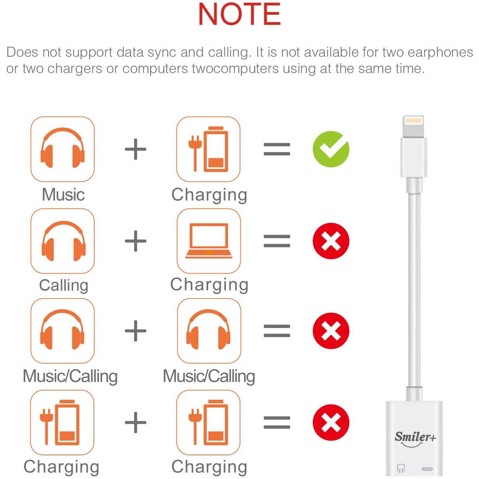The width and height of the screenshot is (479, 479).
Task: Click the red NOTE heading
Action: click(x=239, y=14)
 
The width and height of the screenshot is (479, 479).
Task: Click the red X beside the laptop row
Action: click(x=331, y=241)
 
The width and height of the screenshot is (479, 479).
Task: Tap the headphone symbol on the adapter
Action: click(x=401, y=468)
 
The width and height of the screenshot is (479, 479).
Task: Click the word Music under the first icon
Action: click(x=63, y=194)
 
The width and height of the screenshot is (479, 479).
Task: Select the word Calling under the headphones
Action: click(x=64, y=285)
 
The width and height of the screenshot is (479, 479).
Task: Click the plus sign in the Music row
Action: click(x=135, y=149)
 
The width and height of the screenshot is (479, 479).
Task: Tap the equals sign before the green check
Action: click(x=277, y=149)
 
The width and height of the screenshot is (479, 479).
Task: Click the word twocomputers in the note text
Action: click(x=235, y=68)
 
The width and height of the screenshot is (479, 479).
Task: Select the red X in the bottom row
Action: click(x=331, y=423)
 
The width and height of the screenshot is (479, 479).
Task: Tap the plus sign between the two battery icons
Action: click(x=135, y=423)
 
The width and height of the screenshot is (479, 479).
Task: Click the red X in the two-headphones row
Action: click(x=331, y=331)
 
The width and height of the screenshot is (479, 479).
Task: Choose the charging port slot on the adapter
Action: click(x=427, y=469)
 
